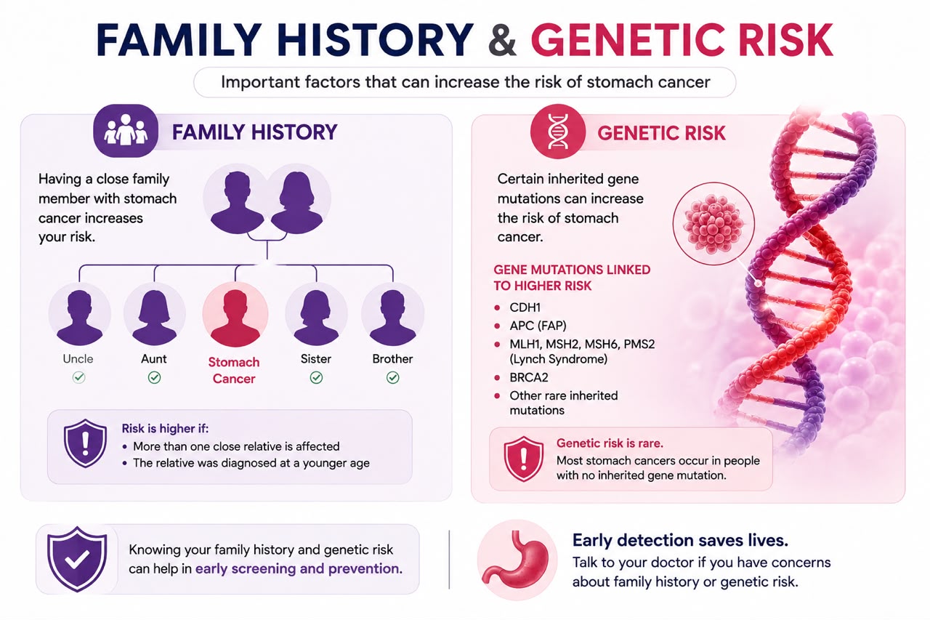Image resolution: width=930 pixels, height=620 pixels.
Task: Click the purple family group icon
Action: tap(126, 131)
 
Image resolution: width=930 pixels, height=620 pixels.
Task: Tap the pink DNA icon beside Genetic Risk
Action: tap(557, 132)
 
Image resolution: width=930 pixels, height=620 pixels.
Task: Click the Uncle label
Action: tap(78, 359)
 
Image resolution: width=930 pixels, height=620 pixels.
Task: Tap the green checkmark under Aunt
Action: tap(155, 377)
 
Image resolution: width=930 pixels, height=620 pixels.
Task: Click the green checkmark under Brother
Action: tap(393, 377)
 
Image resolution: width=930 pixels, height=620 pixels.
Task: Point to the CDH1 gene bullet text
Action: tap(525, 307)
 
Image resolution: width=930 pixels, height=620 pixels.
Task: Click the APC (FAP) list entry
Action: tap(538, 326)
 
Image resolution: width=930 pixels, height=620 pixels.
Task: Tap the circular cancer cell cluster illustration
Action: tap(713, 223)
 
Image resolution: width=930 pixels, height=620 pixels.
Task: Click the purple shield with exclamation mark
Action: tap(85, 443)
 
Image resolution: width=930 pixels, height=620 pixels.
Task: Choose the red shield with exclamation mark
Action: tap(524, 459)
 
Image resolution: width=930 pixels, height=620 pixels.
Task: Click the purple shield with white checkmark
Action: tap(77, 559)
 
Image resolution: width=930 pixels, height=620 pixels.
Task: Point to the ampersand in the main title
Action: tap(502, 41)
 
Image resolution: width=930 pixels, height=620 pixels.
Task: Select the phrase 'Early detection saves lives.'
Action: tap(680, 540)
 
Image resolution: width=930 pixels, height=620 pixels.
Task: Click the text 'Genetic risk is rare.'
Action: tap(610, 443)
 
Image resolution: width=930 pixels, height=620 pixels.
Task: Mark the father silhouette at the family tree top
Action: tap(237, 202)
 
